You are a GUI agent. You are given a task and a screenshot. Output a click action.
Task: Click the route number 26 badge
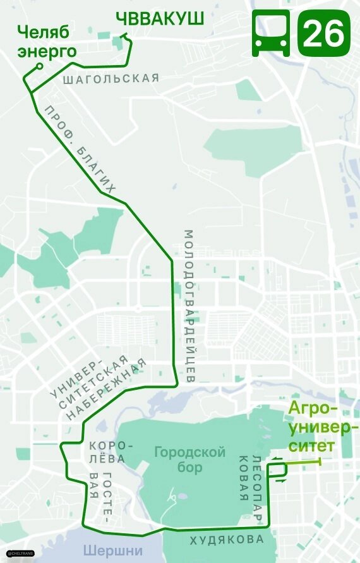pos(324,33)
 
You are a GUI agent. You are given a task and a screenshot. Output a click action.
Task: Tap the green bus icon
pos(271,33)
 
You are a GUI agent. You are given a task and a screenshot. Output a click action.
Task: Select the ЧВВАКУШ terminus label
pos(160,20)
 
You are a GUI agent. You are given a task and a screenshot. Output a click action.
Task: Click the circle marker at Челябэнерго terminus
pos(40,66)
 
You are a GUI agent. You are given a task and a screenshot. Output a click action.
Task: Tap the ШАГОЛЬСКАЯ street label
pos(111,78)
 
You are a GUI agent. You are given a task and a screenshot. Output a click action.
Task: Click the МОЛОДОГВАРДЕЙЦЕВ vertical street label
pos(189,306)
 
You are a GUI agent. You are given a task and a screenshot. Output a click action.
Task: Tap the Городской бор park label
pos(189,460)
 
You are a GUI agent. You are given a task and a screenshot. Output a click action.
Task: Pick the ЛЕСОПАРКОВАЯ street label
pos(250,486)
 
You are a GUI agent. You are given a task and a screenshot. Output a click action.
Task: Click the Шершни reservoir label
pos(113,550)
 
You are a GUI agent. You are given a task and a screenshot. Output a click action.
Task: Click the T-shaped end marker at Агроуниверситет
pos(321,463)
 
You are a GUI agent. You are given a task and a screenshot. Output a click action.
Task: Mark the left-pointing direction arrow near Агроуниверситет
pos(277,458)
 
